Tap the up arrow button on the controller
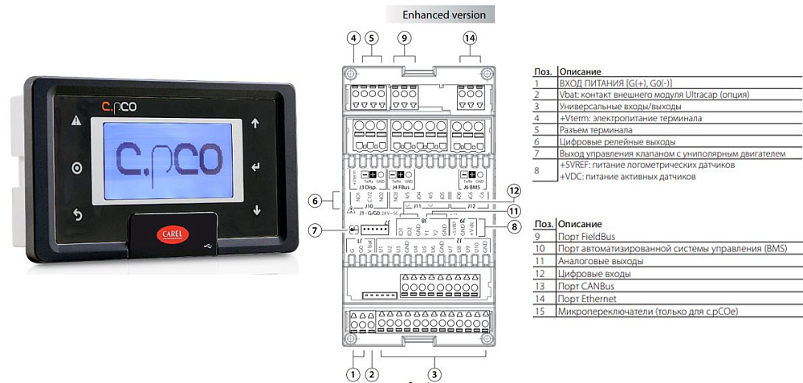point(256,124)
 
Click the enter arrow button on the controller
point(256,167)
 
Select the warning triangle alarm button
point(77,122)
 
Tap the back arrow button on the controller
point(77,214)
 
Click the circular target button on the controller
point(77,168)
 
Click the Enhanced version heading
point(444,14)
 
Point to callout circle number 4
point(353,38)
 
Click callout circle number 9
point(404,38)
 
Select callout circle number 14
point(471,38)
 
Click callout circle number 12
point(515,190)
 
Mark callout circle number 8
point(515,227)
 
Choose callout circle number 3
point(434,373)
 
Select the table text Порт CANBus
point(587,286)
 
